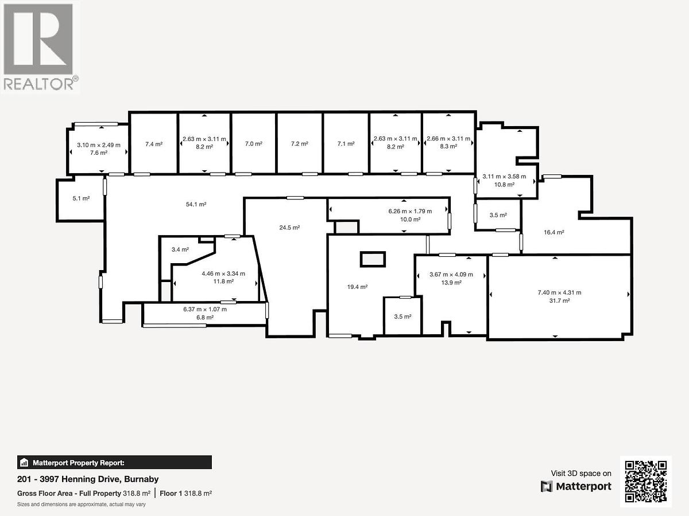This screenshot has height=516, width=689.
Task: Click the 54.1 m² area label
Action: click(196, 204)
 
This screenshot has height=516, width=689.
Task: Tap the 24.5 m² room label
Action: click(289, 228)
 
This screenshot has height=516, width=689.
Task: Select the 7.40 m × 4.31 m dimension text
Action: click(559, 292)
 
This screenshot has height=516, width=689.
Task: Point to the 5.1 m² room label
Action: click(81, 198)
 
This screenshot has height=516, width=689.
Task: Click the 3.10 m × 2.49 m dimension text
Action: click(99, 145)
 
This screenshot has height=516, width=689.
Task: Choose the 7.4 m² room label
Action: click(154, 144)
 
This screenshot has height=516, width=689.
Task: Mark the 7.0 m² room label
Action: click(254, 144)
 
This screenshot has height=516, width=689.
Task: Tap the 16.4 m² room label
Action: click(554, 232)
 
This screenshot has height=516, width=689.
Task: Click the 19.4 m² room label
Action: click(357, 287)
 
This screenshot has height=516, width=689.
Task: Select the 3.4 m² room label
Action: click(180, 250)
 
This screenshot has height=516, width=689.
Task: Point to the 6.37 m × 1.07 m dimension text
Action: click(205, 309)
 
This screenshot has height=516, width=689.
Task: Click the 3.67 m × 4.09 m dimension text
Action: click(451, 275)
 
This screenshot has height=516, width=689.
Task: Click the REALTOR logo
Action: click(40, 47)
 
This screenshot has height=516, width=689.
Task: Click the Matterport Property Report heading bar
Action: click(114, 463)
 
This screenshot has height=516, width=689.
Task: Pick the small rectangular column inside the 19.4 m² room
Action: click(373, 259)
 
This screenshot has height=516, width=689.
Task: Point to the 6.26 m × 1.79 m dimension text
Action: click(410, 211)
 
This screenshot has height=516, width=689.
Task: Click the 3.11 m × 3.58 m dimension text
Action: click(504, 177)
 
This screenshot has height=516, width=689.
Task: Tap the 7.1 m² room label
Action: click(346, 144)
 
